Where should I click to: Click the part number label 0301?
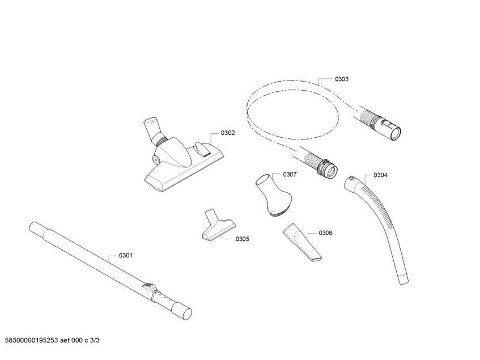coord(125,256)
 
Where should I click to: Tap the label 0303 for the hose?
coord(342,79)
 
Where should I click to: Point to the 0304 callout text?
coord(381,175)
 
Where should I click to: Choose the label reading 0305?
coord(242,239)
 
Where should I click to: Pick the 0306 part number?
coord(325,233)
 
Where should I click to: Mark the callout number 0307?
coord(290,174)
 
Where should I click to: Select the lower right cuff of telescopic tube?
coord(182,312)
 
